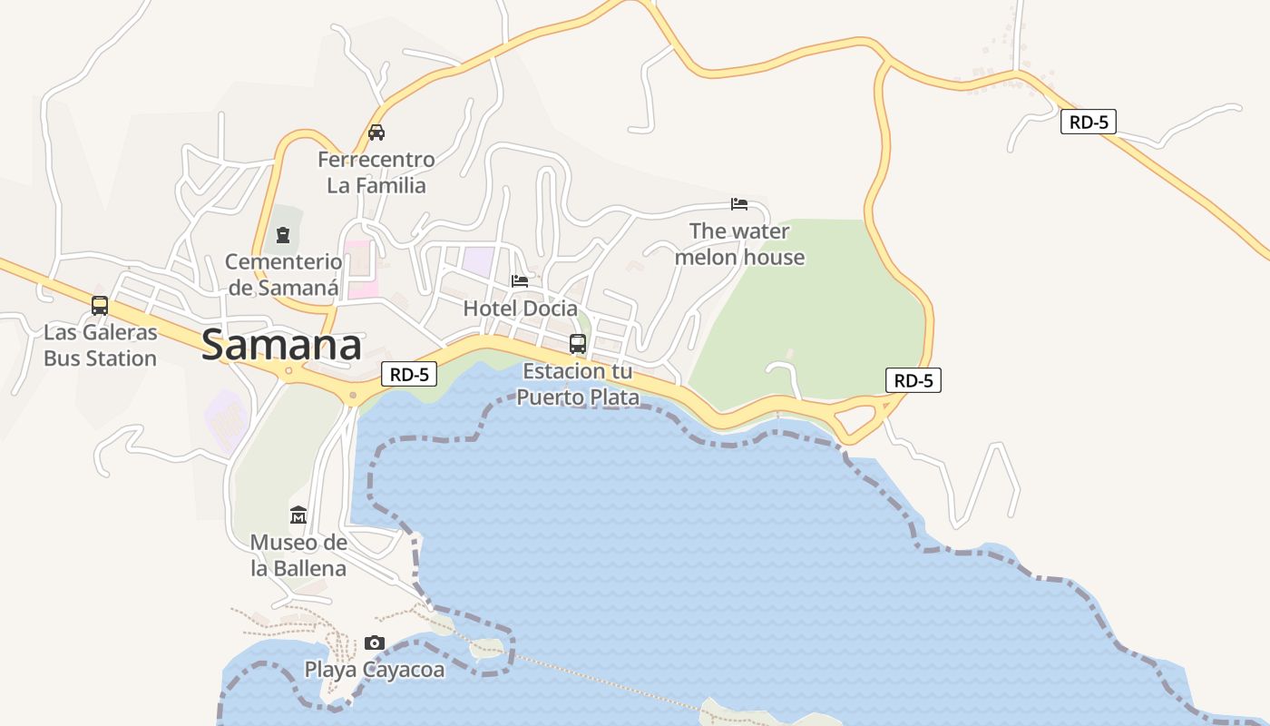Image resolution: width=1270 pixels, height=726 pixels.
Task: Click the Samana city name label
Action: point(281,346)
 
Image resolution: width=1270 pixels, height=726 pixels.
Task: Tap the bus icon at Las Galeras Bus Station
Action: point(100,306)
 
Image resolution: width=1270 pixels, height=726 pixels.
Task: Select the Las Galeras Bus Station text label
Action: point(100,346)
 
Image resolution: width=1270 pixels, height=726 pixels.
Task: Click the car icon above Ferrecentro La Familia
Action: point(376,132)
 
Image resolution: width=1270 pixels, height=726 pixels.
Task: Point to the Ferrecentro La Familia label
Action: point(376,172)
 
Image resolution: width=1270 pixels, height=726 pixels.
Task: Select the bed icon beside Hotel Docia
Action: point(520,281)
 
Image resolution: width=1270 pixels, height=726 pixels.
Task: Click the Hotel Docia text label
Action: point(520,309)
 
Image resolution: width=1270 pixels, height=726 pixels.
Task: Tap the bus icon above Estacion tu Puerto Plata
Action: point(578,344)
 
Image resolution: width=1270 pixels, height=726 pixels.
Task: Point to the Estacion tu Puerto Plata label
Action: point(578,384)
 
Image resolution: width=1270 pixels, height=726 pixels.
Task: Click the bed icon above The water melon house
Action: point(739,204)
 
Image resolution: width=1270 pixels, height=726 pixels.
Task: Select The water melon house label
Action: point(739,244)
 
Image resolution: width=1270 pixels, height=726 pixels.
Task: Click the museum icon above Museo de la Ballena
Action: point(298,516)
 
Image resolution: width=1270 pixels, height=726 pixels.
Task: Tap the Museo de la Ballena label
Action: point(298,555)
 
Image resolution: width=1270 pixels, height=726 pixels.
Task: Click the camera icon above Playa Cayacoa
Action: point(374,643)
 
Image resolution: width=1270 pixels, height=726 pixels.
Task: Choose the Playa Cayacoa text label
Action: point(374,670)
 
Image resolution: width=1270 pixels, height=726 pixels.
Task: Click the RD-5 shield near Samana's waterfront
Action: point(409,374)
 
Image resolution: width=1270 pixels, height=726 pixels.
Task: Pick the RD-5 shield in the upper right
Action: point(1088,122)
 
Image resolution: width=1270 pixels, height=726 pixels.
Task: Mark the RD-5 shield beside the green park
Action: point(913,380)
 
